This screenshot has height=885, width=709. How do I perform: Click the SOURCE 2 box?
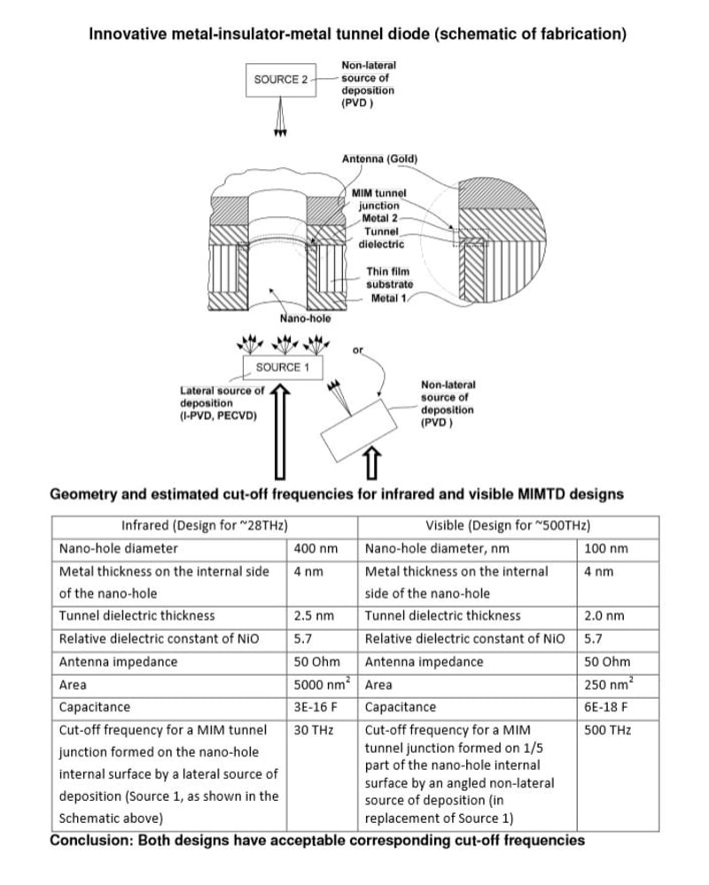(280, 80)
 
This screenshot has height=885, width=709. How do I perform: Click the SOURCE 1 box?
(277, 367)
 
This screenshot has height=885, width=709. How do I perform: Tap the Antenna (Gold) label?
(379, 159)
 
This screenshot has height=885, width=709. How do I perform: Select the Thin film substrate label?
(390, 276)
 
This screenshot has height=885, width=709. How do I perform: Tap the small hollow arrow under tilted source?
(371, 463)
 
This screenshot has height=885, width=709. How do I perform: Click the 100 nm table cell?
(606, 548)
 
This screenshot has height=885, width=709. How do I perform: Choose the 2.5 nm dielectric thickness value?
(314, 616)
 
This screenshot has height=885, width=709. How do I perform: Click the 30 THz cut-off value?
(310, 731)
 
